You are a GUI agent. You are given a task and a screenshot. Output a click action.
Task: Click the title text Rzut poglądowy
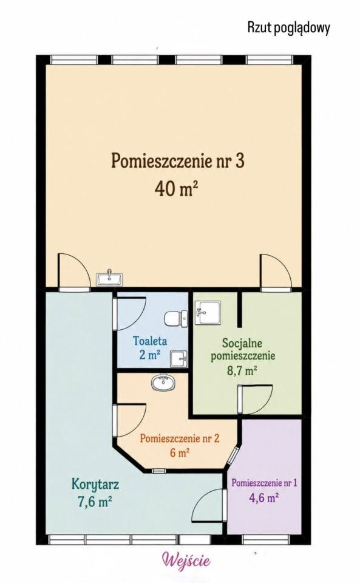point(289,28)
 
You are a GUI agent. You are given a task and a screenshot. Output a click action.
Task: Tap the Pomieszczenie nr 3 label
point(178,161)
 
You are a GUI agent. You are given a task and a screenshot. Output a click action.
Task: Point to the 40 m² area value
point(175,189)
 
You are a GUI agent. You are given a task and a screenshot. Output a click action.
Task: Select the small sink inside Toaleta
point(178,359)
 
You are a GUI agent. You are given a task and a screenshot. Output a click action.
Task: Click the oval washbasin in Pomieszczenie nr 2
point(163,383)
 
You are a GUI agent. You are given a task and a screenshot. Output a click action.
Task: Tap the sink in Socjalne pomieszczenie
point(208,312)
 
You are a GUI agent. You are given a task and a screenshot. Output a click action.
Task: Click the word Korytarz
point(95,485)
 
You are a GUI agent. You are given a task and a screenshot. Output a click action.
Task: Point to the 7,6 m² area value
point(95,502)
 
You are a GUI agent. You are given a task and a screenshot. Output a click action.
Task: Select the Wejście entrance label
point(186,560)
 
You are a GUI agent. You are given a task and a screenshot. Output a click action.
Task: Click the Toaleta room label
point(150,341)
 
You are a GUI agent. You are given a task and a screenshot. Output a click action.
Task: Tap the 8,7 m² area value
point(242,370)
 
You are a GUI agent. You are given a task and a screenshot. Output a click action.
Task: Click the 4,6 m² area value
point(263,497)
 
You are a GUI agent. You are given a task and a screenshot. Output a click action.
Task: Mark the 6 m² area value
point(180,452)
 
